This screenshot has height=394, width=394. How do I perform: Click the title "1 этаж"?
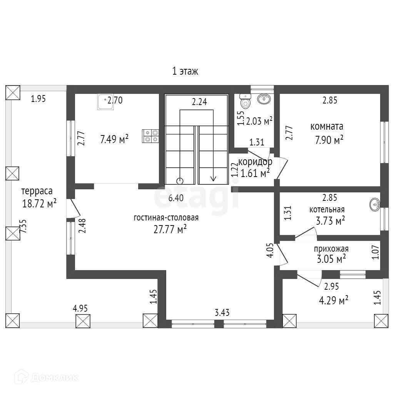tap(185, 71)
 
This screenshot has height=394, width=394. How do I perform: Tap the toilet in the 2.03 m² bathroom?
tap(245, 102)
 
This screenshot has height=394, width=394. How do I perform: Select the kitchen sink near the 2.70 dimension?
tap(105, 103)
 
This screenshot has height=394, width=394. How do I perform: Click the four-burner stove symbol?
tap(150, 136)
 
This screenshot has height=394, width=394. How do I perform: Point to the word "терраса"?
tap(37, 191)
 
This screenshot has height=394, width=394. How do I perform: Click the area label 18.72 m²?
tap(39, 203)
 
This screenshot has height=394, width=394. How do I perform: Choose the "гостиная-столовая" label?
tap(166, 218)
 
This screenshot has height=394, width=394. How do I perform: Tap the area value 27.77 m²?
tap(170, 230)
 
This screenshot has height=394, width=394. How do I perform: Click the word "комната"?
tap(327, 127)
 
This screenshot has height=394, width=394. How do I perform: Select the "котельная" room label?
tap(327, 210)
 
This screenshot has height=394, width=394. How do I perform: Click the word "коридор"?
tap(255, 162)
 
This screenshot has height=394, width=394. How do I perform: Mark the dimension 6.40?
tap(176, 198)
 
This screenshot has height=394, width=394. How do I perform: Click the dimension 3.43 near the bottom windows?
tap(222, 313)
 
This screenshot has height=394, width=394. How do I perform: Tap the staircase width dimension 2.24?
tap(200, 102)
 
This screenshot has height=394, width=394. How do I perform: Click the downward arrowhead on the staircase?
tap(213, 179)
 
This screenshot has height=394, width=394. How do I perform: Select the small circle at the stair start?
tap(180, 180)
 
